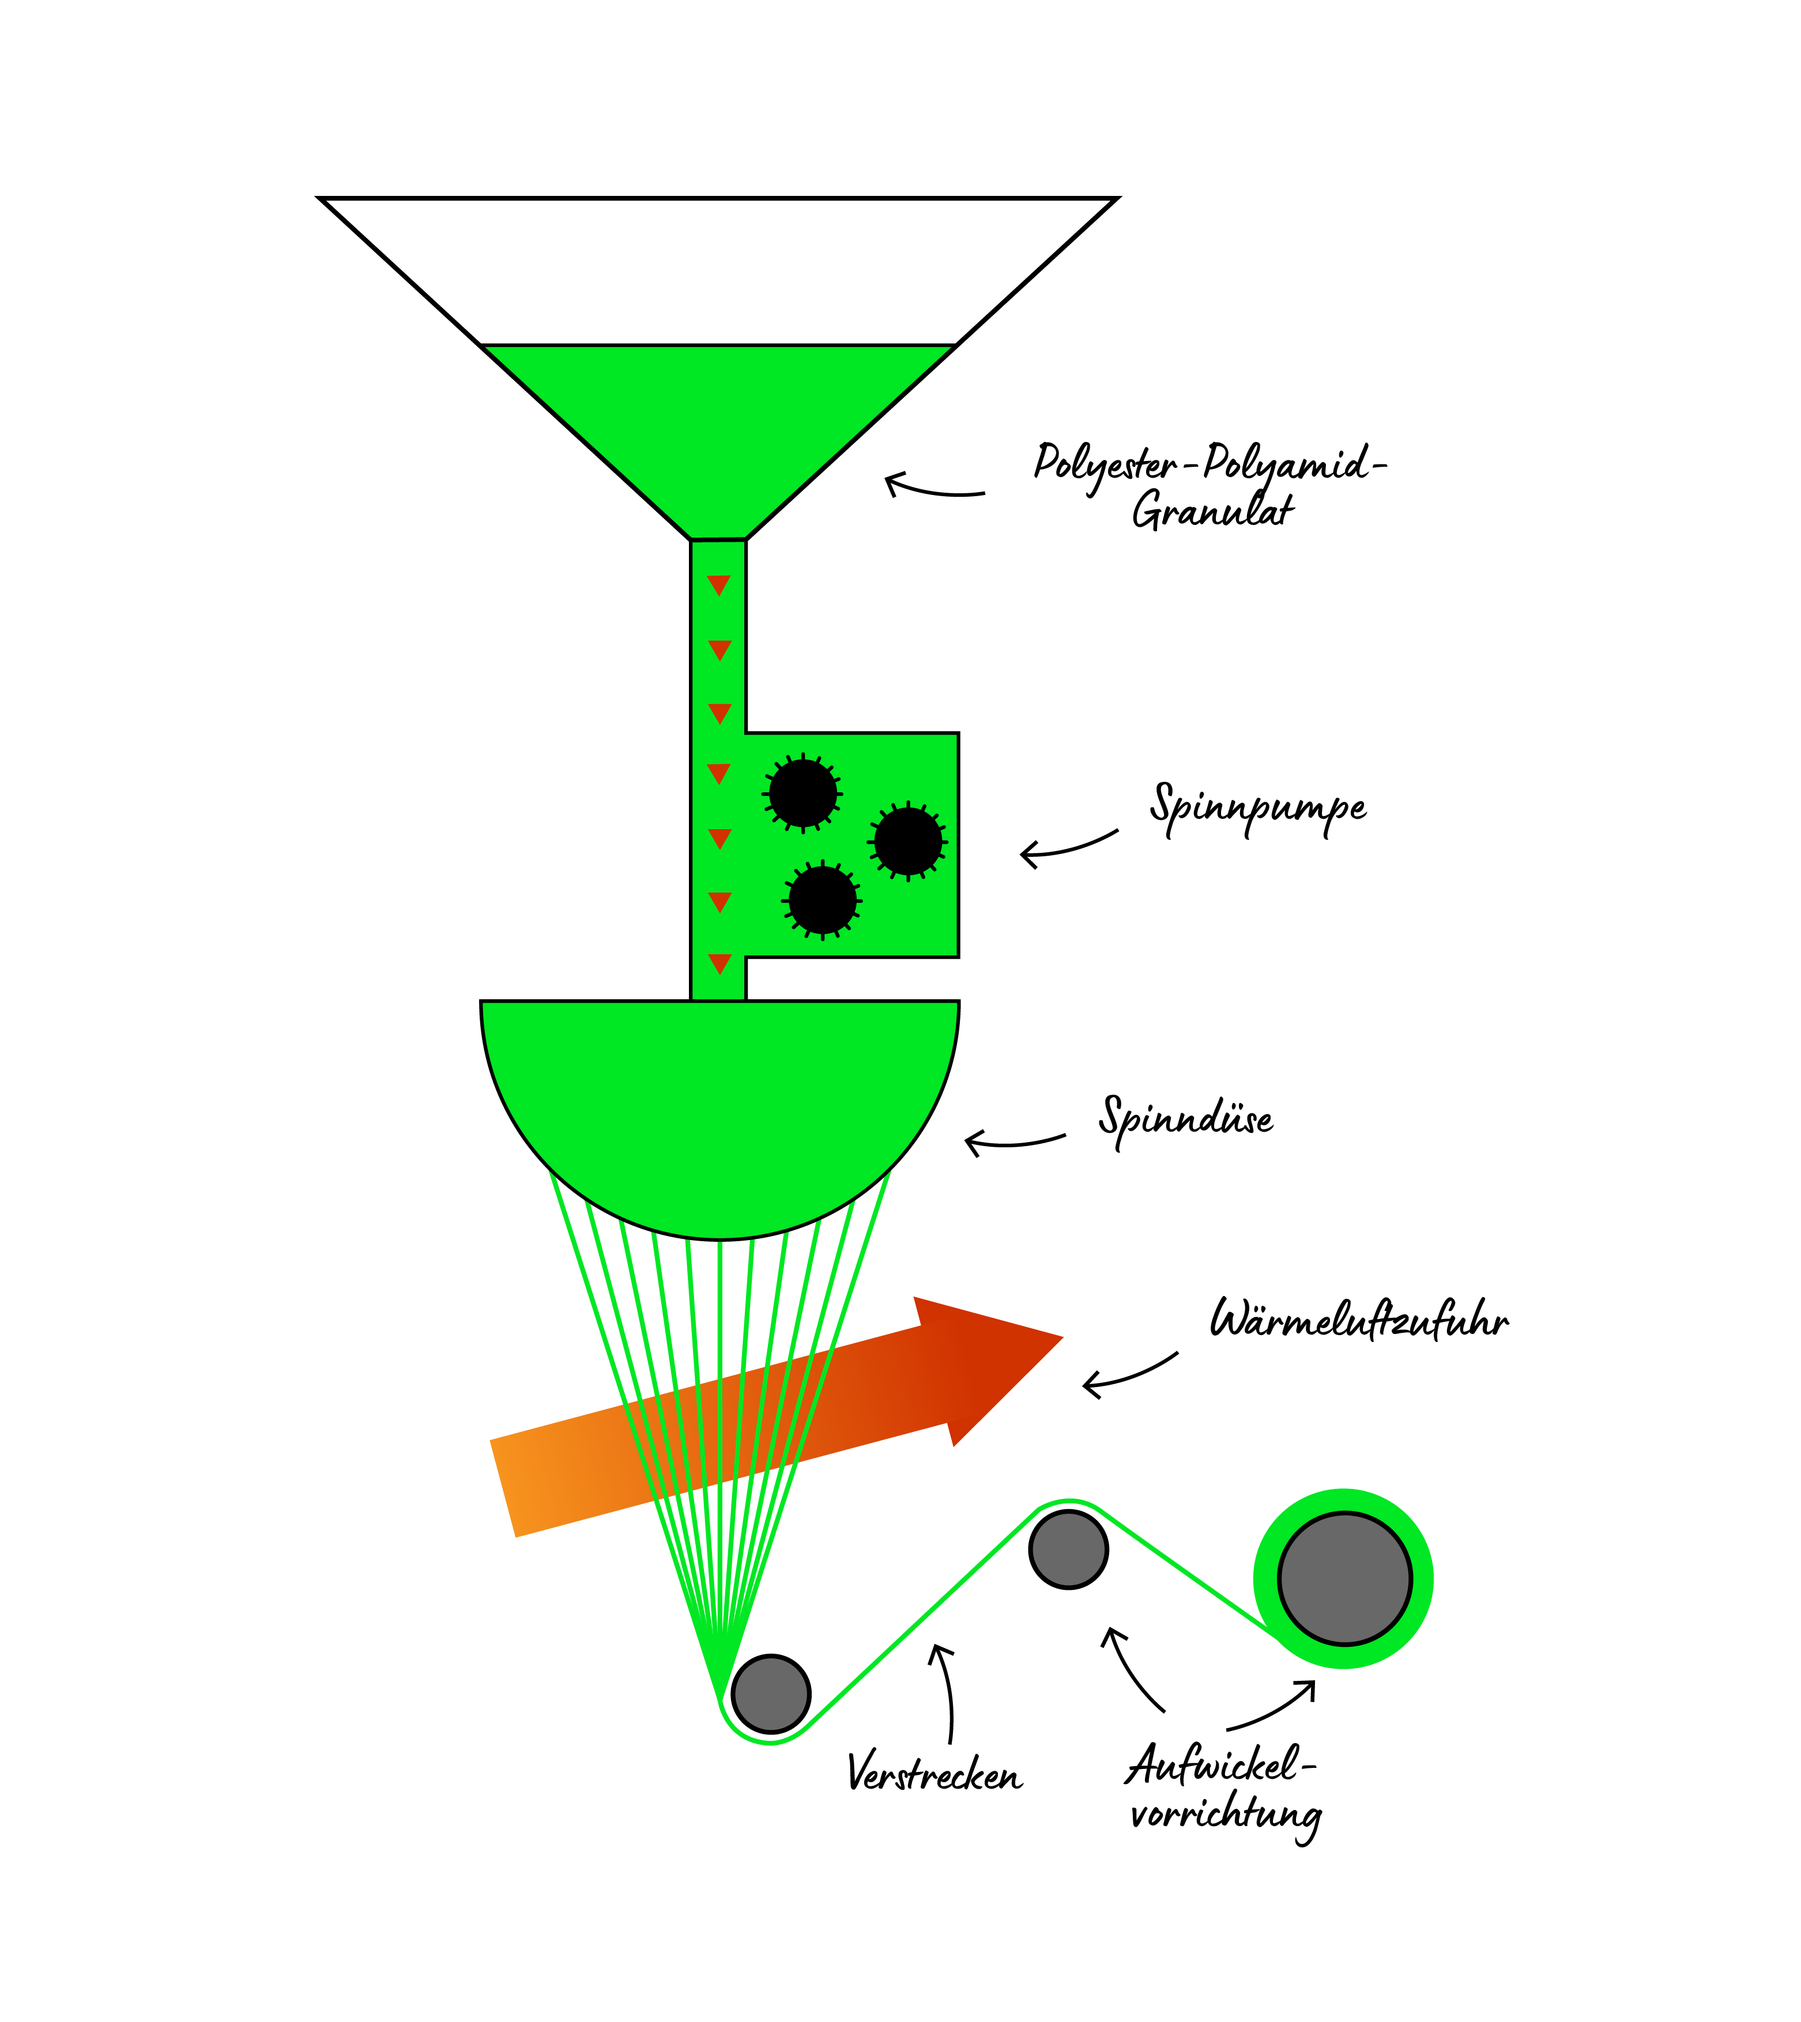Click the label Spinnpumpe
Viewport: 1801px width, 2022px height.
[1257, 808]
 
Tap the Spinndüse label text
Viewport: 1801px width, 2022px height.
[1185, 1119]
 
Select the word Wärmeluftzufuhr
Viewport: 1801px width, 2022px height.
[1359, 1321]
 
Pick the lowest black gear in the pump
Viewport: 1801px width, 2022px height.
[822, 900]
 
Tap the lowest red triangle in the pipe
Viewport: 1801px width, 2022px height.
[719, 962]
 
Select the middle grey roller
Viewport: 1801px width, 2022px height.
[1069, 1549]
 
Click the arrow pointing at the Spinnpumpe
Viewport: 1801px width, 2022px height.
[1069, 846]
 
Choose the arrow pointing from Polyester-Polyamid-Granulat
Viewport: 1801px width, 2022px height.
[933, 487]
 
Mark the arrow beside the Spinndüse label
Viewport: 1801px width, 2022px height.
[1014, 1143]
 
